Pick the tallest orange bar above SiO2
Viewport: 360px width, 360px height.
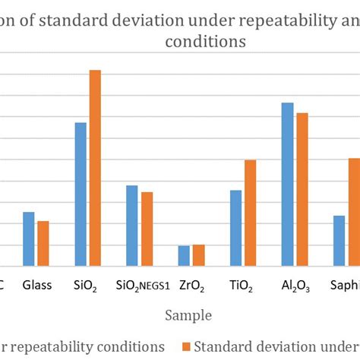tap(95, 168)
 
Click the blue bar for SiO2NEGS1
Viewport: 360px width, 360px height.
tap(132, 226)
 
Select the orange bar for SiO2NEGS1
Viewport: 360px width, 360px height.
tap(147, 229)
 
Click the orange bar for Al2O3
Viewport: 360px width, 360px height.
tap(302, 189)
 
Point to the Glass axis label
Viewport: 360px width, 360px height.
tap(36, 286)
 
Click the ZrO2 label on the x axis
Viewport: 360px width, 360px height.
tap(191, 286)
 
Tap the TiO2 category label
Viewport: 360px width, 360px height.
tap(242, 286)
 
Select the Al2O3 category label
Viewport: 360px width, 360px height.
tap(295, 286)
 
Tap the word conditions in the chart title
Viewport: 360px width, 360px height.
tap(205, 43)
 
